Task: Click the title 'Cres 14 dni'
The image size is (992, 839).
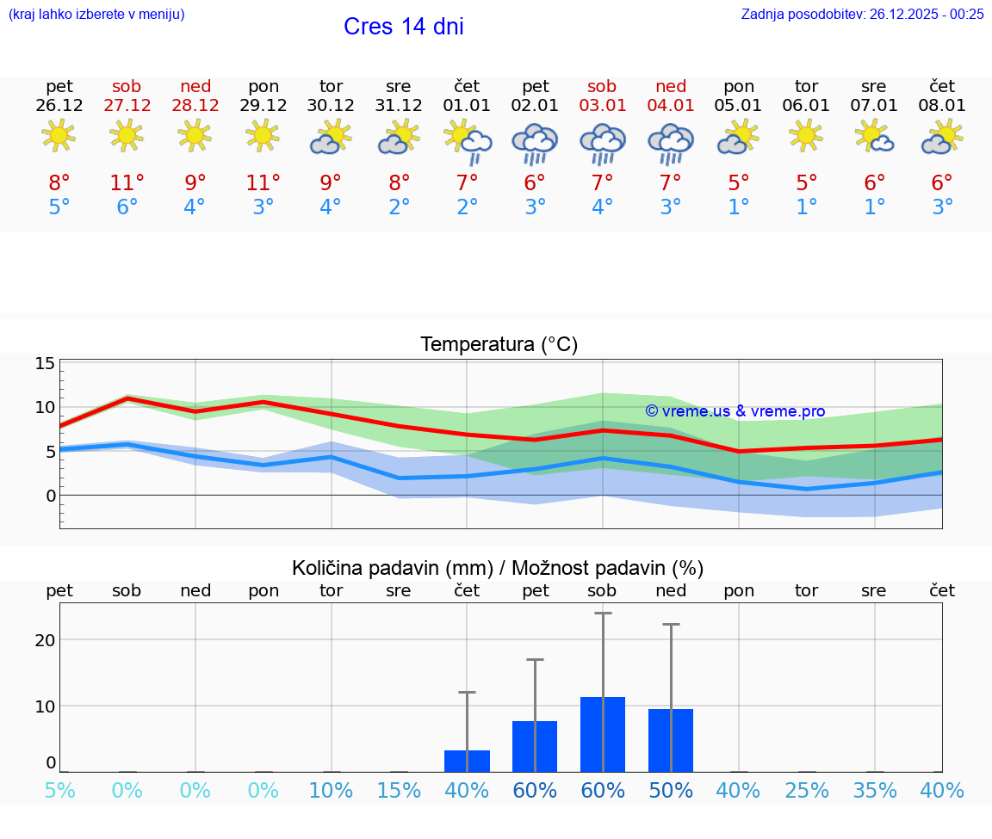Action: click(x=403, y=27)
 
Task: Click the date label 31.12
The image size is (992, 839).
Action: click(x=398, y=106)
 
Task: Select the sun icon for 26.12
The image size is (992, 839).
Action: click(x=59, y=136)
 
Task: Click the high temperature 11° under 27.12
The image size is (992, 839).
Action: click(x=127, y=182)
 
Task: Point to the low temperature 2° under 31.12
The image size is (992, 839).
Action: click(x=398, y=207)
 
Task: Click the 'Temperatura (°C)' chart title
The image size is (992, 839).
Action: click(x=499, y=344)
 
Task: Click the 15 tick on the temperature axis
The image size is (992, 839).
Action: click(x=45, y=363)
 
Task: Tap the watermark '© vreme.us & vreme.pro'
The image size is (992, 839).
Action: click(x=735, y=411)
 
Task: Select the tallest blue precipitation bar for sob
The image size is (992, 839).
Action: click(x=602, y=734)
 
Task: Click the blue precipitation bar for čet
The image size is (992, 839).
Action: click(x=467, y=761)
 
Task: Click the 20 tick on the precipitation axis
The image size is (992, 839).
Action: click(x=45, y=639)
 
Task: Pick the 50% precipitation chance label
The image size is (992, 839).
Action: click(x=670, y=791)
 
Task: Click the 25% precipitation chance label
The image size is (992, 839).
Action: click(x=806, y=791)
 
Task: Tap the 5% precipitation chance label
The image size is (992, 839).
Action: click(x=59, y=791)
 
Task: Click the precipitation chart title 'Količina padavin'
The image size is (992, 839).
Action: click(x=498, y=568)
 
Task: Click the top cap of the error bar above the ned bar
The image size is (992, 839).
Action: click(x=671, y=624)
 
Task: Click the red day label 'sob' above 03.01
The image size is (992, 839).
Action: click(x=602, y=86)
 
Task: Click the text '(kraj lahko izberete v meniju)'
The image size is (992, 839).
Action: click(x=96, y=14)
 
